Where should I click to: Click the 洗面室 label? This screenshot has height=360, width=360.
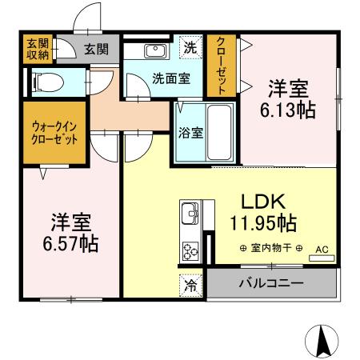point(150,78)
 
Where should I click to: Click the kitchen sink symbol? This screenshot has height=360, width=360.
point(191,214)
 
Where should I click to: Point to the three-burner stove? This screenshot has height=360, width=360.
point(191,250)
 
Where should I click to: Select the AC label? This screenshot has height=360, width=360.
point(321,250)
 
